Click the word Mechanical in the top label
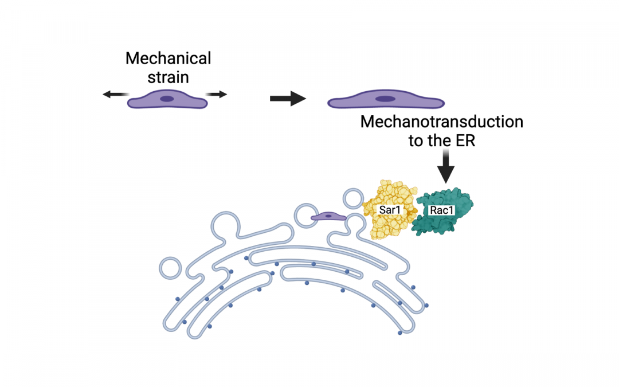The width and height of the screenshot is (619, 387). (168, 58)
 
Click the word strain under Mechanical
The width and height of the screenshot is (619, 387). (168, 77)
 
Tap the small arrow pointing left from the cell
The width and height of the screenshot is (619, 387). (115, 95)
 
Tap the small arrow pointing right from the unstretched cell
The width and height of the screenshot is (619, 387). (217, 95)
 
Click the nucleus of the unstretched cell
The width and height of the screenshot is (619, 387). (167, 99)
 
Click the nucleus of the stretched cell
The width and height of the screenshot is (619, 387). (385, 99)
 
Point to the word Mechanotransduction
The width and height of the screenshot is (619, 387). (441, 122)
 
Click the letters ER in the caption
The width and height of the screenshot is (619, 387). (465, 140)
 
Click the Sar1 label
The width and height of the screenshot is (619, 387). (390, 210)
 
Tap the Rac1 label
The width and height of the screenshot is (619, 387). (441, 210)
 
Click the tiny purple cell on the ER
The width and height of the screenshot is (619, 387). (328, 217)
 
